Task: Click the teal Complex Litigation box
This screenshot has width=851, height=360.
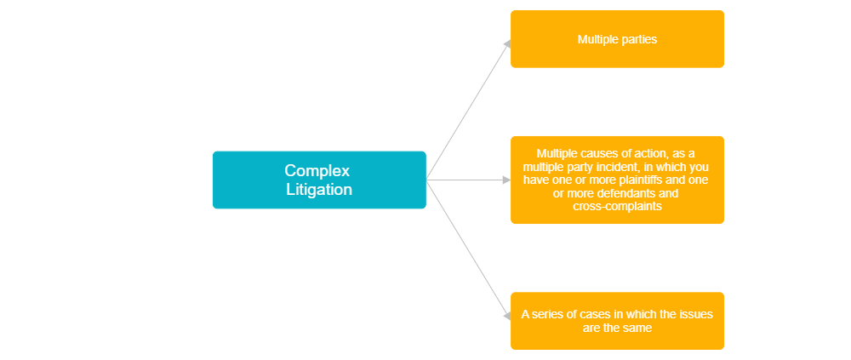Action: pos(318,180)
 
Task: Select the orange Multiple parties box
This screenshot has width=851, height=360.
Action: pos(617,38)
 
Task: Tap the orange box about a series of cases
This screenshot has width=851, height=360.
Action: pos(617,320)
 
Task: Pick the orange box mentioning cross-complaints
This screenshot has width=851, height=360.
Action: pos(617,180)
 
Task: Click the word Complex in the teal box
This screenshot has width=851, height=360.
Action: pos(317,170)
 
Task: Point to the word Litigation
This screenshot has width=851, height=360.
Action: pos(318,190)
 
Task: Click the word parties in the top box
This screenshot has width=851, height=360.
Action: pos(637,39)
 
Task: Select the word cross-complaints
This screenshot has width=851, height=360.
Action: pos(617,207)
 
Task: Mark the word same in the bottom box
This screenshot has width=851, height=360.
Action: pos(636,328)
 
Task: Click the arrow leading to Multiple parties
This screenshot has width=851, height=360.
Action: pos(468,108)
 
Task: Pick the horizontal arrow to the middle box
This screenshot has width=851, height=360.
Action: pos(468,180)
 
